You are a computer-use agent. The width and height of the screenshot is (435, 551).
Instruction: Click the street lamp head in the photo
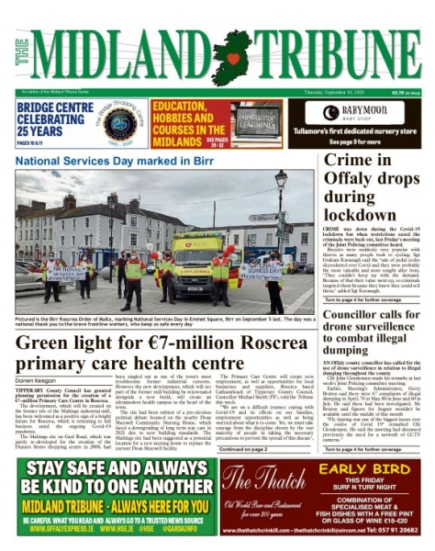(280, 176)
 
